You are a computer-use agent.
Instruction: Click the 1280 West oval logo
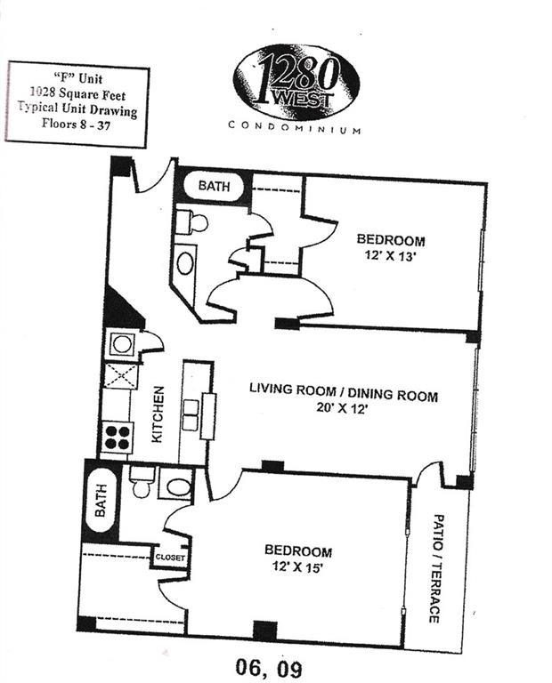pos(296,82)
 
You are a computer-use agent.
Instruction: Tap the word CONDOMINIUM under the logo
pos(295,127)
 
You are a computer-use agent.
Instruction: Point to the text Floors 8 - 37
pos(77,124)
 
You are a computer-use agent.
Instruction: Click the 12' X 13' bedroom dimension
pos(389,256)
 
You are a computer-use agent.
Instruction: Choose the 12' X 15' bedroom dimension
pos(296,567)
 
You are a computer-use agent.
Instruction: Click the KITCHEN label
pos(158,414)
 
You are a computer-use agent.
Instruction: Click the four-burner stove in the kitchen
pos(118,438)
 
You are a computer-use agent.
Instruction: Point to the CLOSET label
pos(170,557)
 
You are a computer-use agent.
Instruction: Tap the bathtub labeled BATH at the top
pos(214,186)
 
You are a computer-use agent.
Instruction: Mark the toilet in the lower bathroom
pos(142,482)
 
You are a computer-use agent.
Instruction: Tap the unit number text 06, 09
pos(268,667)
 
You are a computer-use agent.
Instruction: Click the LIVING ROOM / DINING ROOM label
pos(344,391)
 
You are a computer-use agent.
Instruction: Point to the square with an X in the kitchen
pos(121,377)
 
